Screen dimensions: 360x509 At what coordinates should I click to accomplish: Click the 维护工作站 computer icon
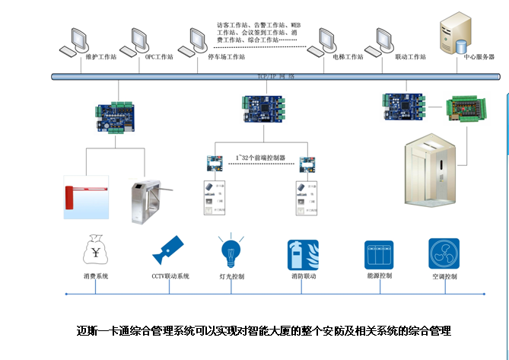point(78,40)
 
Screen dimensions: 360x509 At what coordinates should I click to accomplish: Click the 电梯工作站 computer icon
point(329,40)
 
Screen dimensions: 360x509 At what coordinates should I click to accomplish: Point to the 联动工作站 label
point(390,56)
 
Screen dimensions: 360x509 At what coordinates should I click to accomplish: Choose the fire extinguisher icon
point(303,254)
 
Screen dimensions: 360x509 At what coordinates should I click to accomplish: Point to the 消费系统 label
point(97,276)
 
